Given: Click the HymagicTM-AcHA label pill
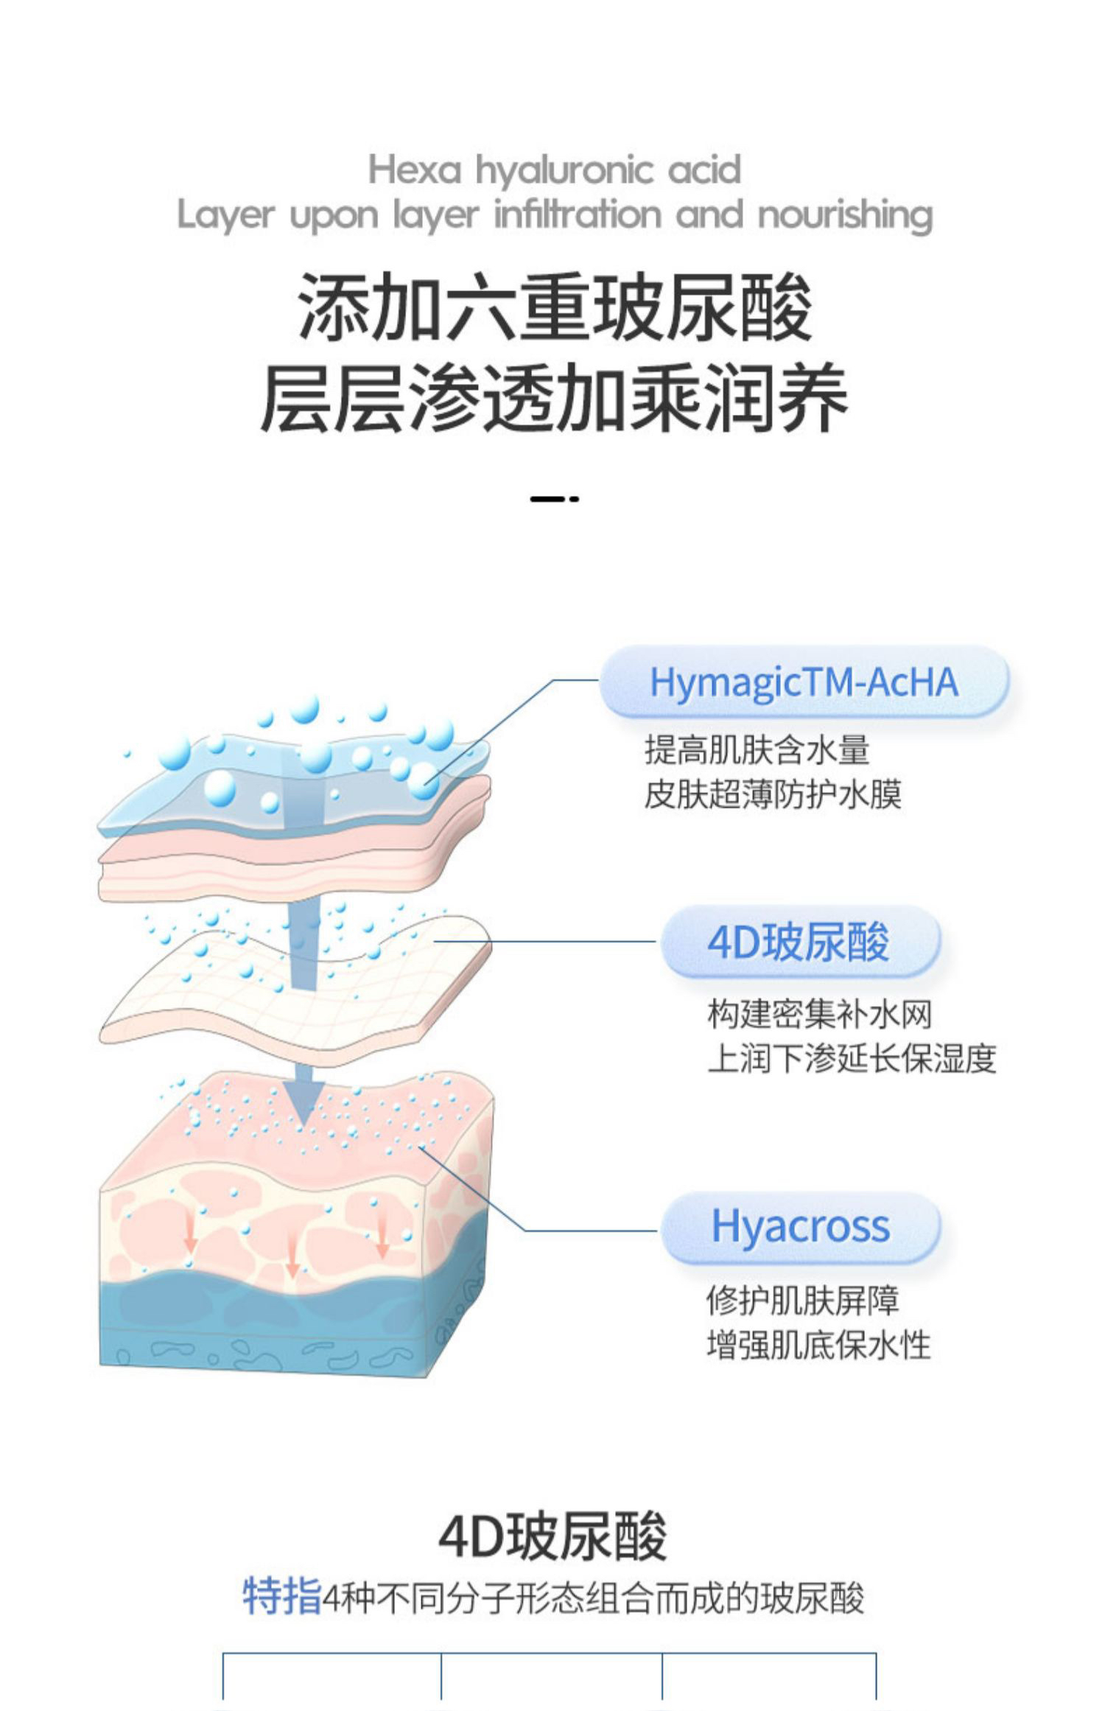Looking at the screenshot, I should (x=803, y=682).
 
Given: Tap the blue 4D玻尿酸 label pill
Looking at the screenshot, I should (x=799, y=942).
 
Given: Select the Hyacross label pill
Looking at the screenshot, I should (x=800, y=1227).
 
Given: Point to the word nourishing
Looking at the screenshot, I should (x=845, y=216).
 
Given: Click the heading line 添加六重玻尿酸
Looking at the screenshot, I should (x=554, y=306).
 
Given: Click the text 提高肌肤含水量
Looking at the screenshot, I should (x=757, y=750).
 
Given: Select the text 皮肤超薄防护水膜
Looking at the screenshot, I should (x=773, y=794).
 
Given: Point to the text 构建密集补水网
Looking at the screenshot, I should (x=819, y=1014).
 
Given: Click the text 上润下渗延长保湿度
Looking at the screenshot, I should (x=852, y=1058).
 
